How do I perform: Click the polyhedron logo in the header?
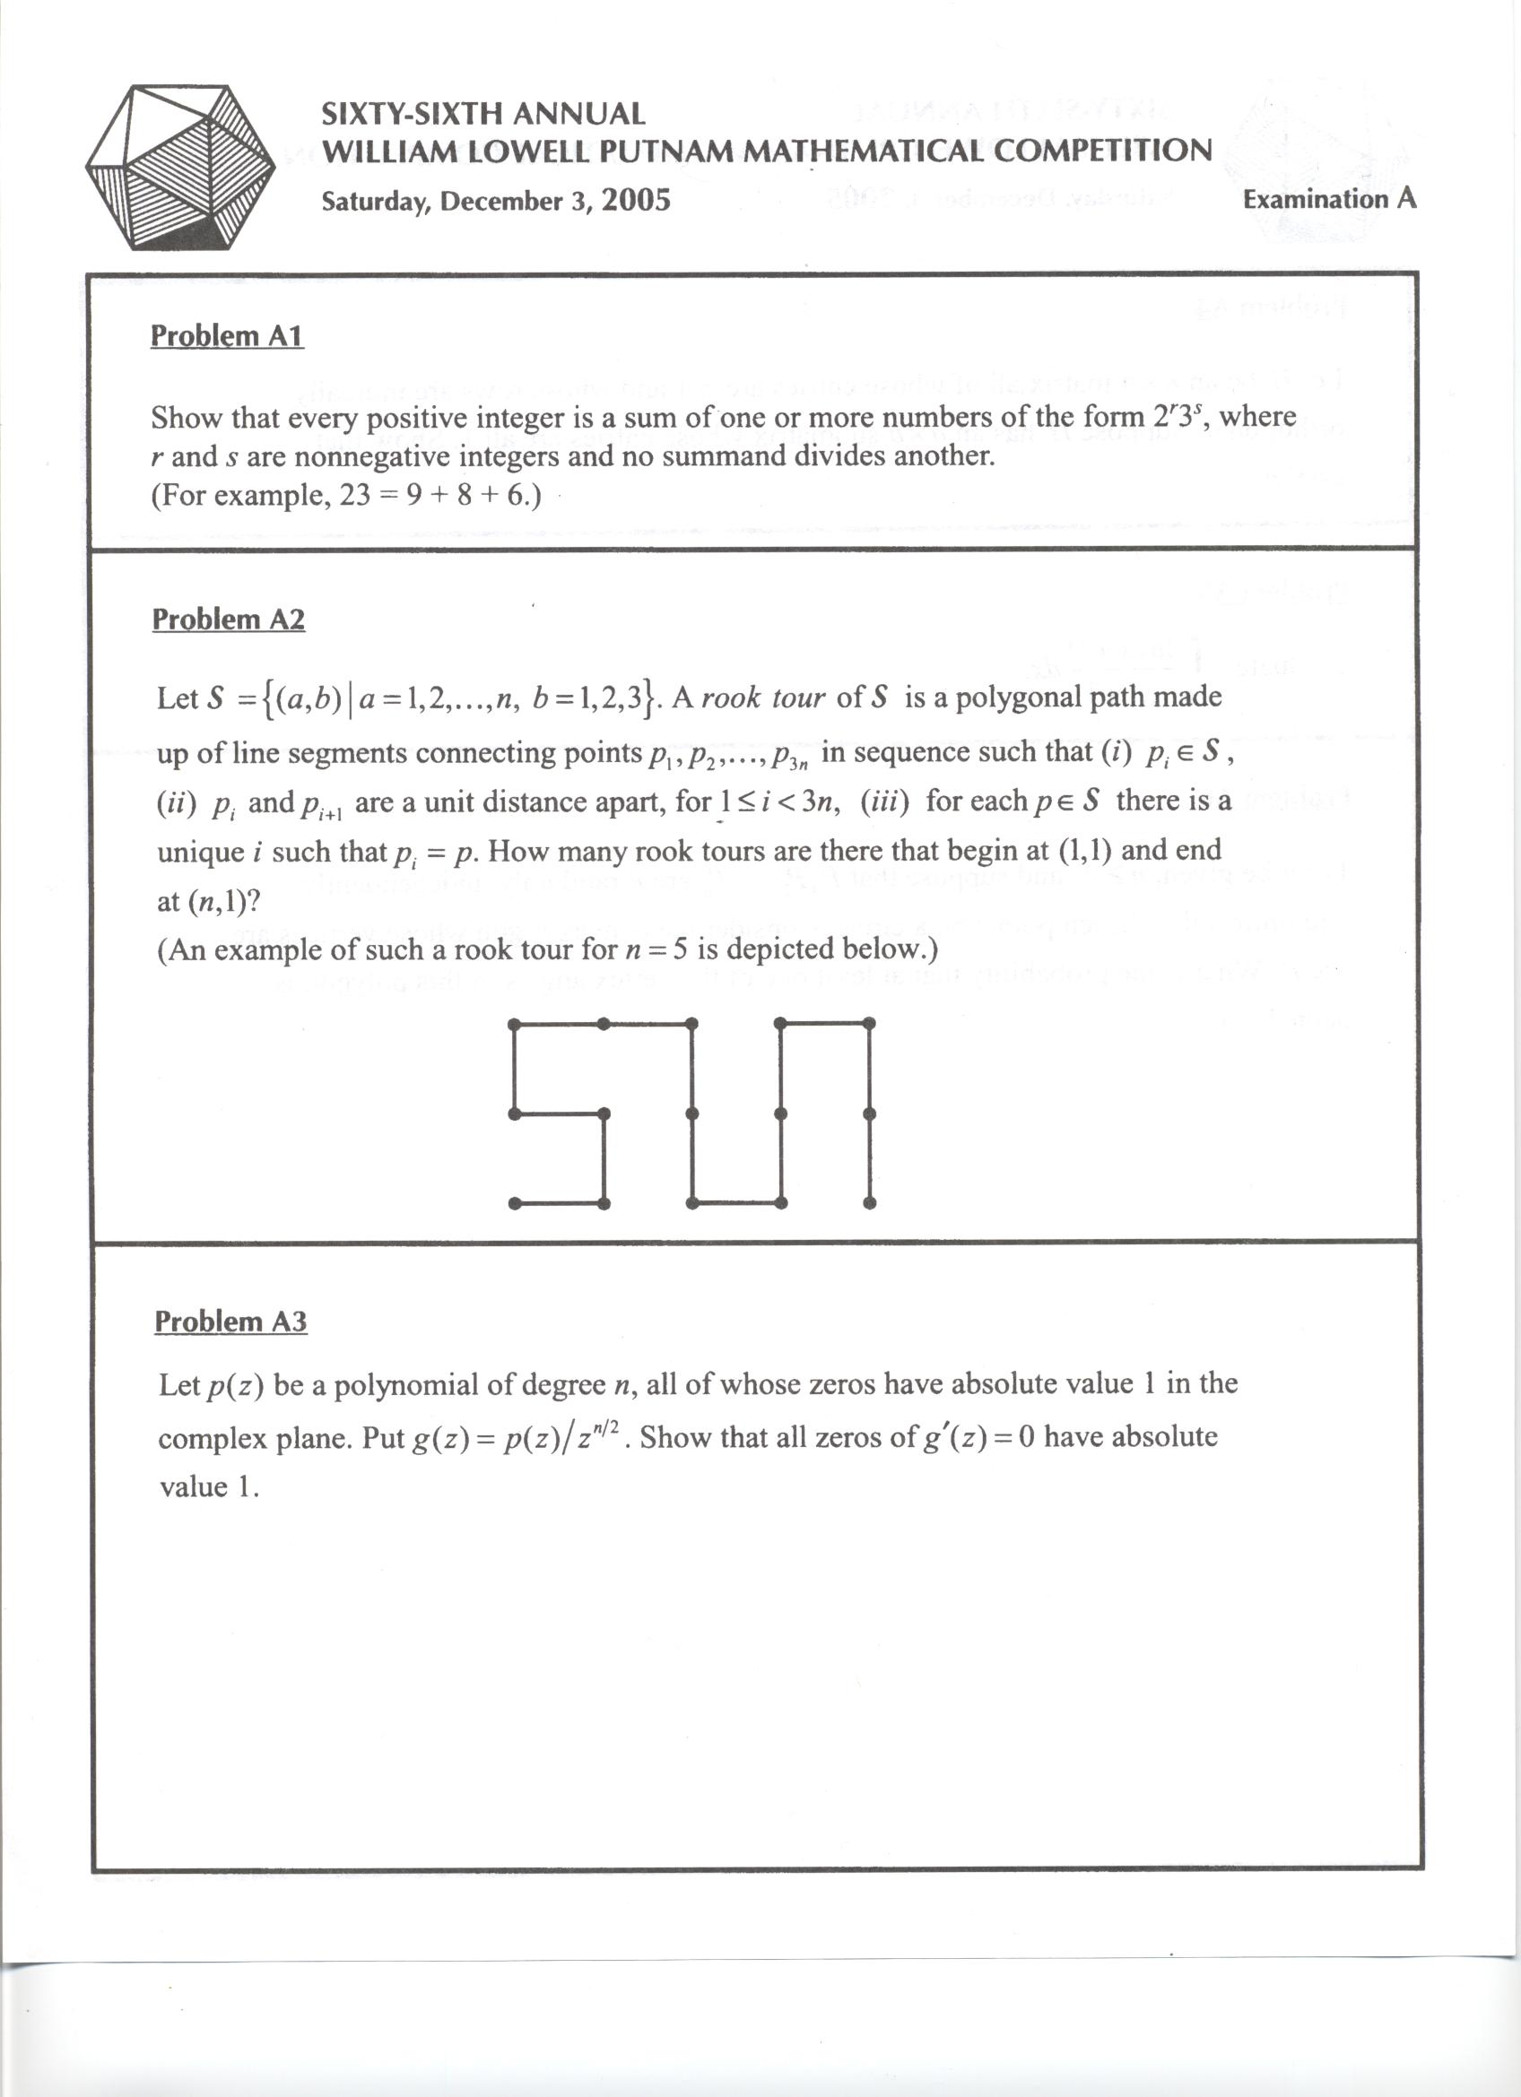click(x=180, y=168)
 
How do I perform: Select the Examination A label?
click(x=1329, y=199)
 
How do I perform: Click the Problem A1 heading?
click(x=228, y=335)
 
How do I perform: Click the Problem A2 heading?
click(x=229, y=620)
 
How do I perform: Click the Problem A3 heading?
click(x=230, y=1321)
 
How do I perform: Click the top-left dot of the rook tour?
click(x=514, y=1024)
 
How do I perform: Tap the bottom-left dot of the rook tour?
click(x=514, y=1203)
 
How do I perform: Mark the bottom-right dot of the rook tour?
click(x=869, y=1203)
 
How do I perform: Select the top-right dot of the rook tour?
click(x=869, y=1024)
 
